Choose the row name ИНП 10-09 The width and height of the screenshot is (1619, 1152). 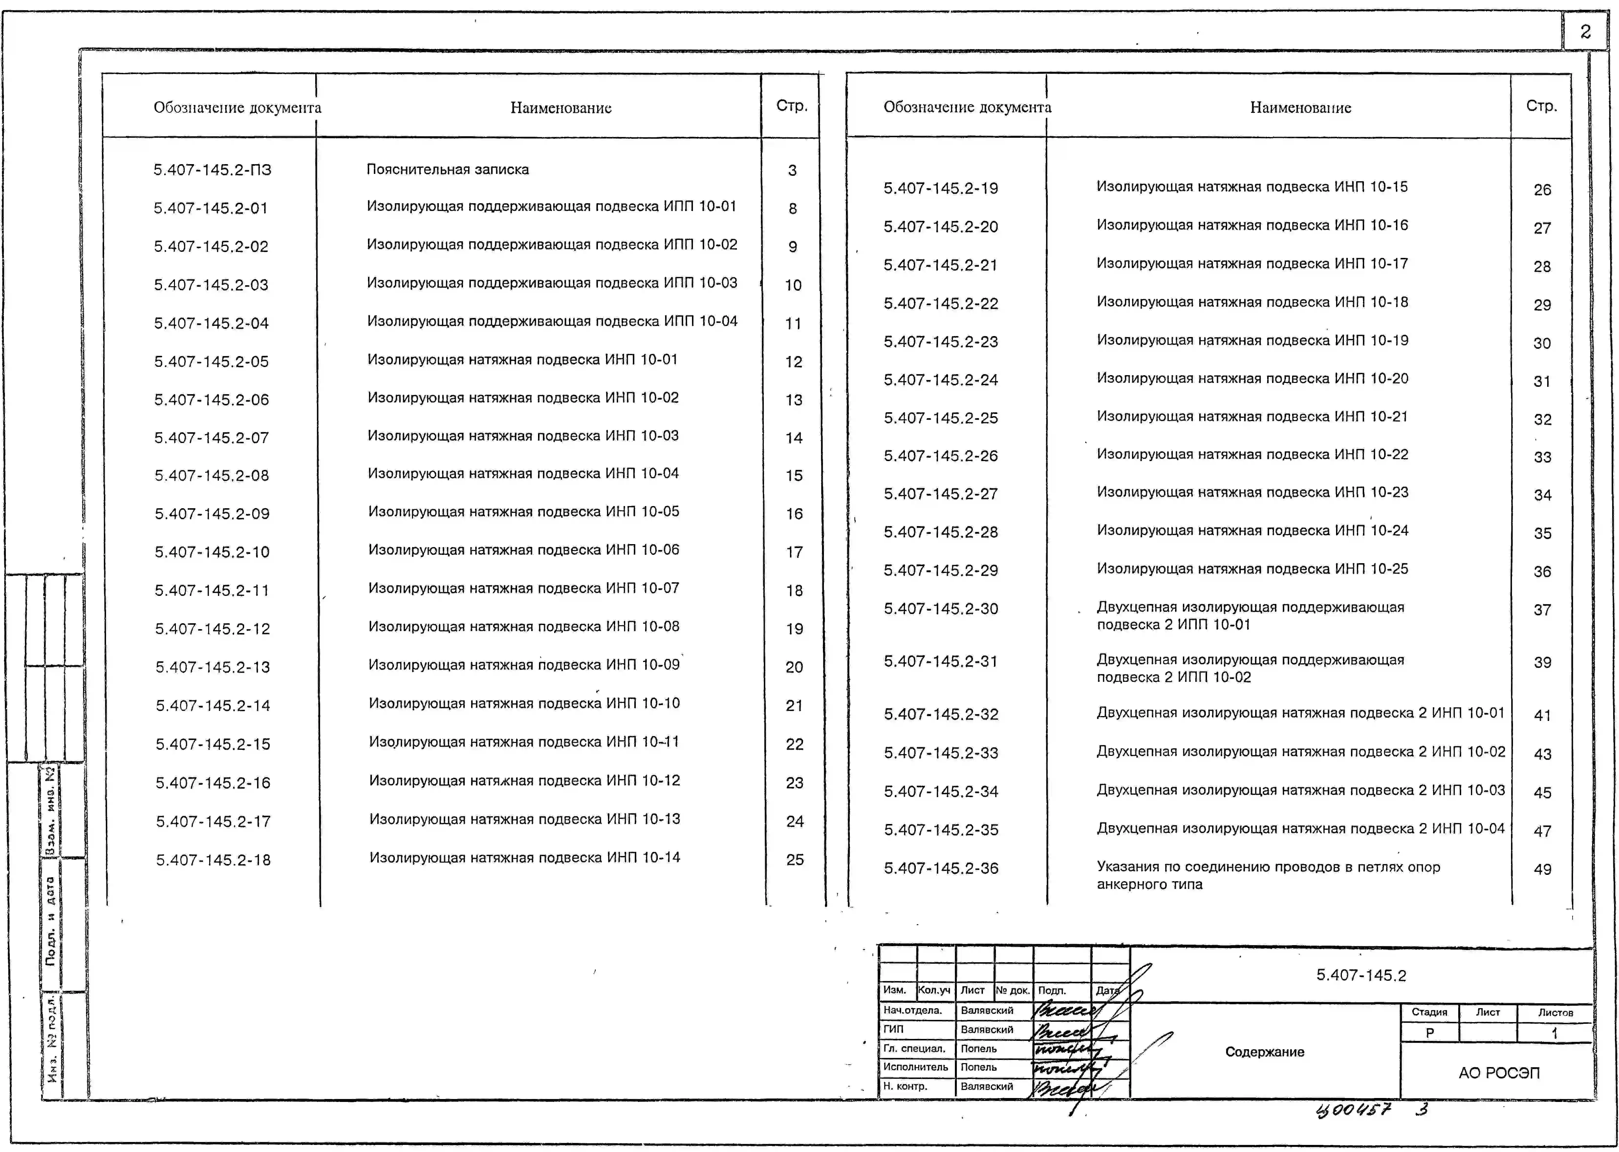pos(524,665)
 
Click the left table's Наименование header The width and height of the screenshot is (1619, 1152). pos(561,108)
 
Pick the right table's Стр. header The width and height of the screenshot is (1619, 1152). pos(1541,106)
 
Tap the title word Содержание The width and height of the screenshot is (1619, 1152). pos(1264,1052)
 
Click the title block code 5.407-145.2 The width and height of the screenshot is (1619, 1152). pos(1361,975)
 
